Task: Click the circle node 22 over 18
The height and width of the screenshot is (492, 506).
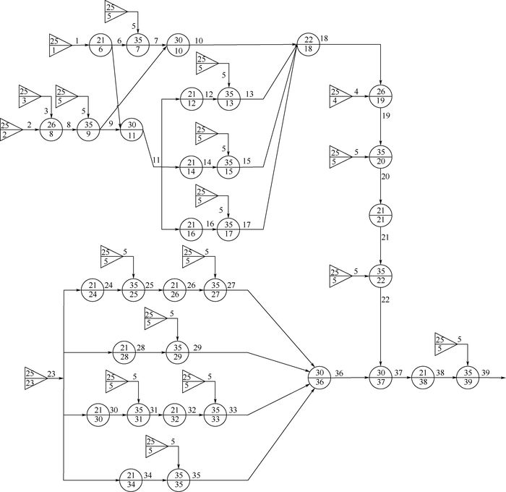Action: (x=307, y=44)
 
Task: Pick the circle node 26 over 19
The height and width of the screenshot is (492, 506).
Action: (x=380, y=96)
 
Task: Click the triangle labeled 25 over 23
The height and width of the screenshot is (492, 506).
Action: (x=35, y=377)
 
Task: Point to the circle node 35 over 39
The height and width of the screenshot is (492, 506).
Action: (x=466, y=377)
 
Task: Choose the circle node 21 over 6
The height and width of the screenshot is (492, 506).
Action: (x=100, y=44)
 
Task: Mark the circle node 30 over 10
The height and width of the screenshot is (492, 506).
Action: (x=176, y=44)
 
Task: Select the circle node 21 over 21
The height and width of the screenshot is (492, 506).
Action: (x=380, y=215)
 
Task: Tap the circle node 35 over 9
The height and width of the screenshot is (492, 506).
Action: (x=87, y=128)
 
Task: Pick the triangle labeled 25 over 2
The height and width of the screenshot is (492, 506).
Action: (x=10, y=128)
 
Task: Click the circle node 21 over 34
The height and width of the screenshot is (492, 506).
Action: (x=131, y=479)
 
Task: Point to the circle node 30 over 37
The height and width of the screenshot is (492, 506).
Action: (x=380, y=377)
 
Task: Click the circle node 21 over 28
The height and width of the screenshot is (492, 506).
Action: (x=131, y=352)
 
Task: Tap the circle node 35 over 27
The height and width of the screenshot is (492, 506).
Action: (x=215, y=290)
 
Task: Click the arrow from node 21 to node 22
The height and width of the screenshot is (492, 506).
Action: (x=380, y=246)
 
